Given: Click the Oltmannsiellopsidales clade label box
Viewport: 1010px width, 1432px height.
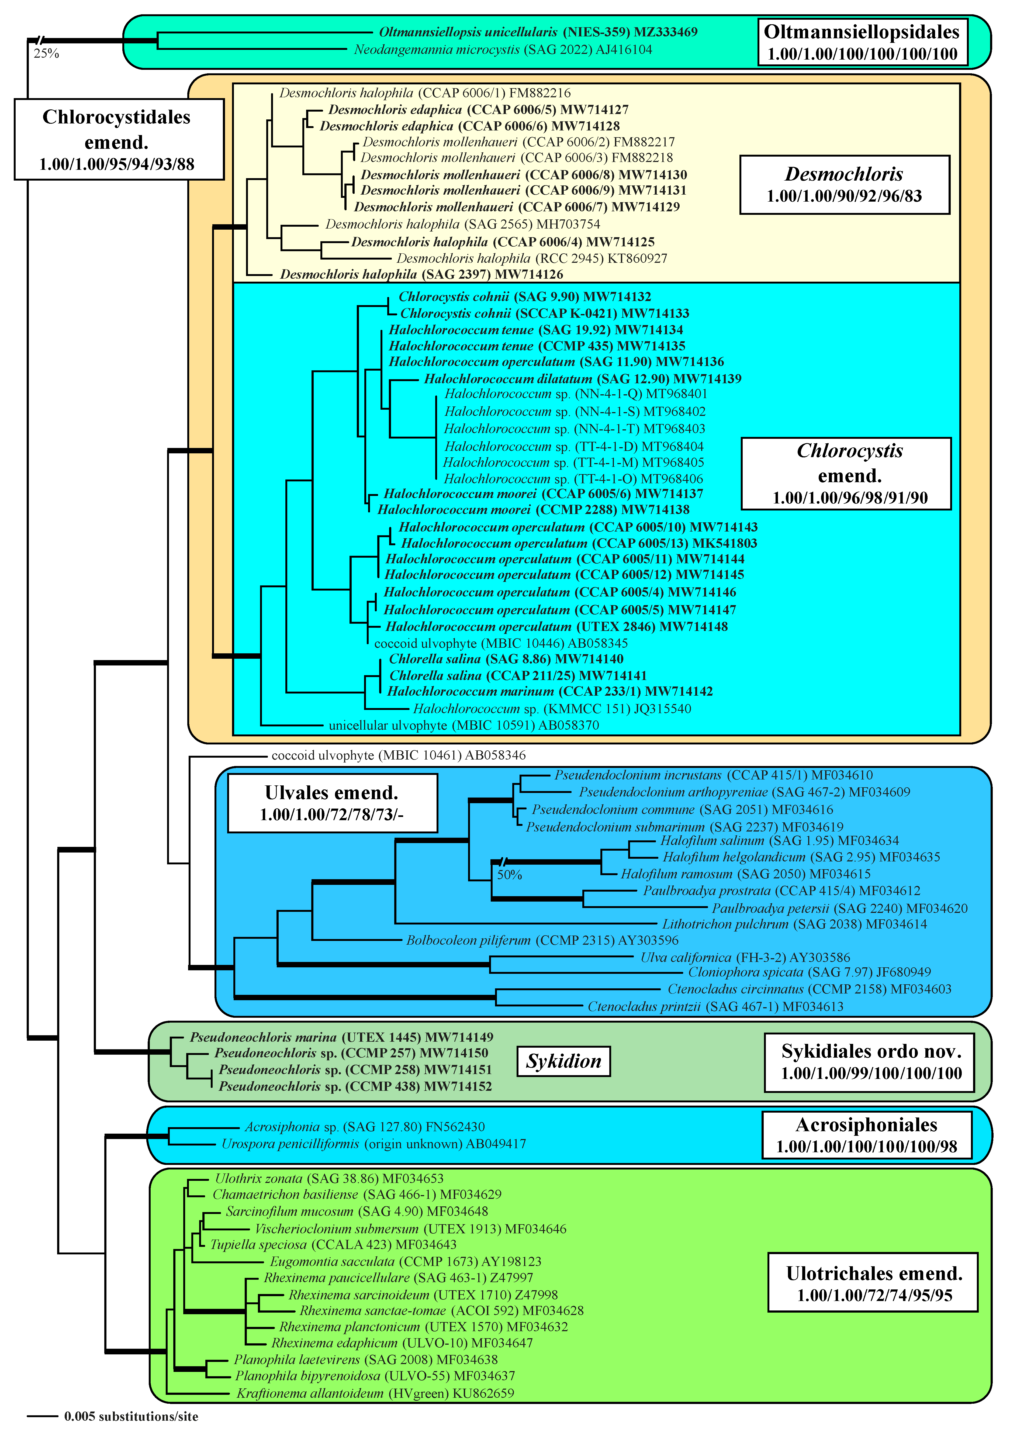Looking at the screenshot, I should click(x=862, y=42).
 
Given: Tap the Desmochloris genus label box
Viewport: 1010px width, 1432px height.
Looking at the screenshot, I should click(x=844, y=185).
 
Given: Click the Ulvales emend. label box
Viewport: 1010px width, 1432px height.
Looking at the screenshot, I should click(x=332, y=803).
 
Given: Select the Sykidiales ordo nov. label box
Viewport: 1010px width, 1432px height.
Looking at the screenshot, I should click(x=869, y=1062).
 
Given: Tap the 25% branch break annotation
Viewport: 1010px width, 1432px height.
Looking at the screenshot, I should click(x=46, y=54).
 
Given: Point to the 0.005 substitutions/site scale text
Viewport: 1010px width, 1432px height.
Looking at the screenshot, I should click(x=131, y=1416).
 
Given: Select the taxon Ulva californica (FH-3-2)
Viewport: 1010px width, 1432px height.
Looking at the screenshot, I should click(x=745, y=957).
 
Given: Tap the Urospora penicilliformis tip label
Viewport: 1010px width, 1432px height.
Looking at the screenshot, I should click(x=373, y=1144).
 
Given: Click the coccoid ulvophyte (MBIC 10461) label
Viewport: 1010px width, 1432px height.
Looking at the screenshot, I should click(x=398, y=755).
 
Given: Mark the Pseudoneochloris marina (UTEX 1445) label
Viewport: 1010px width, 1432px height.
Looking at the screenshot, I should click(x=341, y=1037).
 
